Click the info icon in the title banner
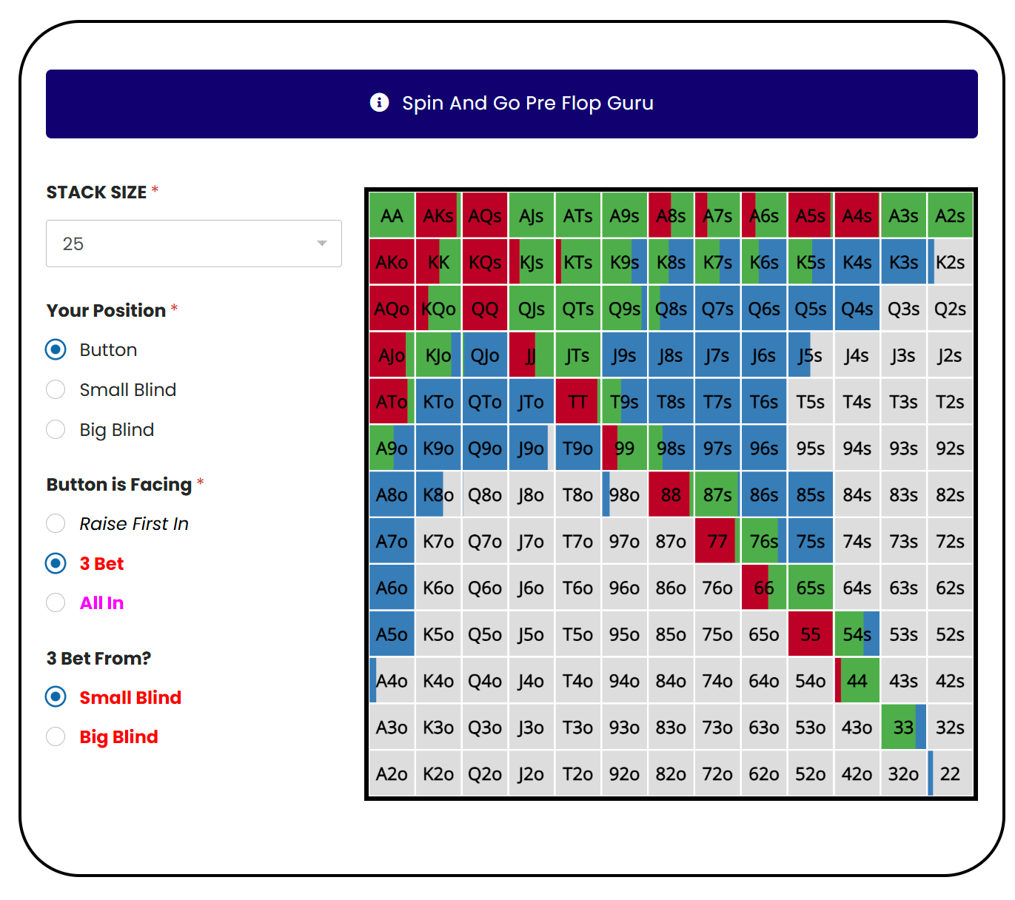pos(379,102)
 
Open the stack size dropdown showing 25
pos(193,244)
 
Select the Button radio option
pos(56,349)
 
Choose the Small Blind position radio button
pos(56,389)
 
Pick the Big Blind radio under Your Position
pos(56,429)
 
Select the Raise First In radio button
pos(56,523)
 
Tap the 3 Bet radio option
pos(56,563)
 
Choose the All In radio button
pos(56,602)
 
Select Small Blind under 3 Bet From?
pos(56,697)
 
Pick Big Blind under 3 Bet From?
pos(56,736)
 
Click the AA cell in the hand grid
pos(392,215)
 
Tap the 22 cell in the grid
pos(950,773)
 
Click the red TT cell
pos(577,402)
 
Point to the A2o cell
pos(392,773)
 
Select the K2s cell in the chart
pos(950,262)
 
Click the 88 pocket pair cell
pos(671,494)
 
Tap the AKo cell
pos(392,262)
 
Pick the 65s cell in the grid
pos(811,588)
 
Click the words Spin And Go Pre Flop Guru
pos(527,103)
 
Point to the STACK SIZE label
pos(96,192)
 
